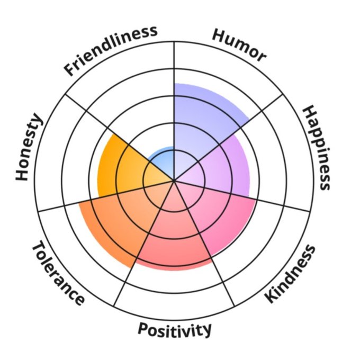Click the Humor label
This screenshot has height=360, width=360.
(x=238, y=45)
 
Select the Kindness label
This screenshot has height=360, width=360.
(x=290, y=274)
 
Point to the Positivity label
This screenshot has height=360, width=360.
(x=175, y=329)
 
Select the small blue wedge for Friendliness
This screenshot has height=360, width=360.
(x=164, y=159)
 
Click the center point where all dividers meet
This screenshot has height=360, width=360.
(x=174, y=181)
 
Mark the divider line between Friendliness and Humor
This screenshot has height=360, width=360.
(x=174, y=69)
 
